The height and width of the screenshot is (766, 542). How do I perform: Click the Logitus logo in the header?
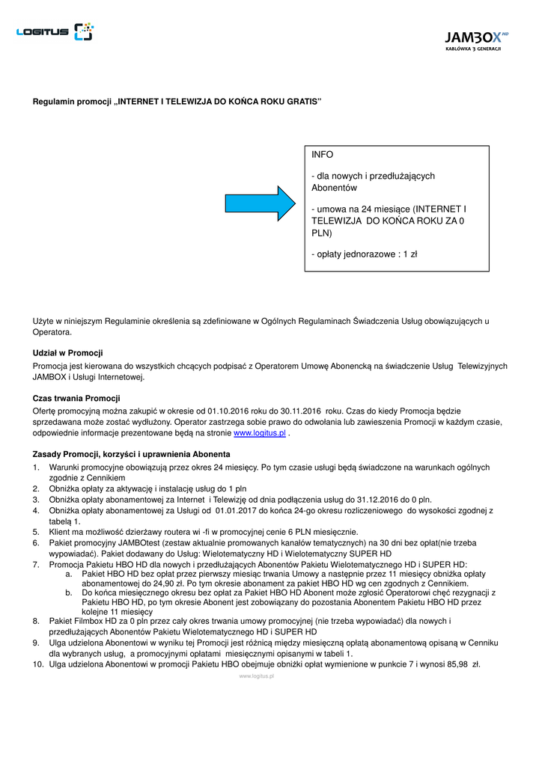(x=55, y=31)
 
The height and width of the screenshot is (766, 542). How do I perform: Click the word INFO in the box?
(x=323, y=155)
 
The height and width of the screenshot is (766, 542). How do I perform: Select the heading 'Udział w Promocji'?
(x=67, y=352)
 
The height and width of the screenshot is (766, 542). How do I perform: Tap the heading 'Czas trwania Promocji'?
(x=76, y=398)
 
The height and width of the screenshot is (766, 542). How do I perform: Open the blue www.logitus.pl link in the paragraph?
(x=260, y=433)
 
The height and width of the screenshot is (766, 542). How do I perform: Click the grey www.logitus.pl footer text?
(x=256, y=676)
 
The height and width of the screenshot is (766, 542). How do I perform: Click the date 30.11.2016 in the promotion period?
(x=299, y=411)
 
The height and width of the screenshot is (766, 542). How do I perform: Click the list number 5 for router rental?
(x=35, y=532)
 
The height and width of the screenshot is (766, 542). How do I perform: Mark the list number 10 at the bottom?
(x=37, y=664)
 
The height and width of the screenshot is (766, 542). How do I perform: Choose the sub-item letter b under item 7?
(x=68, y=592)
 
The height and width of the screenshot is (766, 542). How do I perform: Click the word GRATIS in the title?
(x=304, y=101)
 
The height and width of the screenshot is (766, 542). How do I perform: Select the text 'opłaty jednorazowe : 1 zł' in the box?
(x=364, y=254)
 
